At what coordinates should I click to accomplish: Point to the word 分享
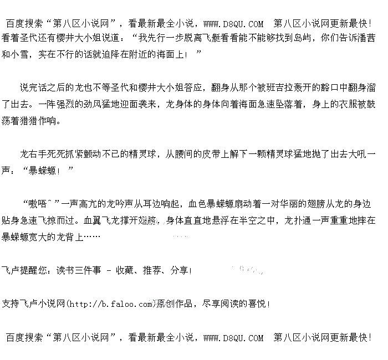point(179,271)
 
